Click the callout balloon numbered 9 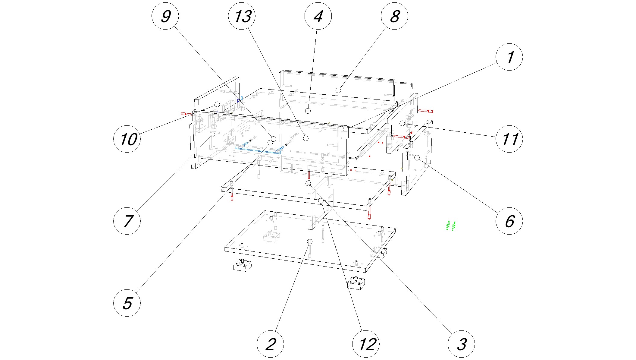click(x=165, y=16)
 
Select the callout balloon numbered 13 click(x=242, y=16)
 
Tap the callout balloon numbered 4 click(x=318, y=16)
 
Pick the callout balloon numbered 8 click(x=394, y=16)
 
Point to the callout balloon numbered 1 click(x=509, y=57)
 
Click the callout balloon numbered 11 click(x=509, y=139)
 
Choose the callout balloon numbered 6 click(x=509, y=221)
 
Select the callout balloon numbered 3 click(x=461, y=344)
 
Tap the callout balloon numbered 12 click(x=366, y=344)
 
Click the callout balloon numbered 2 click(x=270, y=344)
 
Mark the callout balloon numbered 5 click(x=127, y=303)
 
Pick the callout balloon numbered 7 click(x=127, y=221)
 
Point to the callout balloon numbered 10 click(x=127, y=139)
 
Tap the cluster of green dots click(x=451, y=226)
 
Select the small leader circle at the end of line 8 click(x=338, y=90)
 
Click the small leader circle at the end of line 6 click(x=417, y=157)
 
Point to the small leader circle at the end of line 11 click(x=402, y=123)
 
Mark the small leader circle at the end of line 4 click(x=308, y=111)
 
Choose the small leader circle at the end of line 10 click(x=217, y=104)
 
